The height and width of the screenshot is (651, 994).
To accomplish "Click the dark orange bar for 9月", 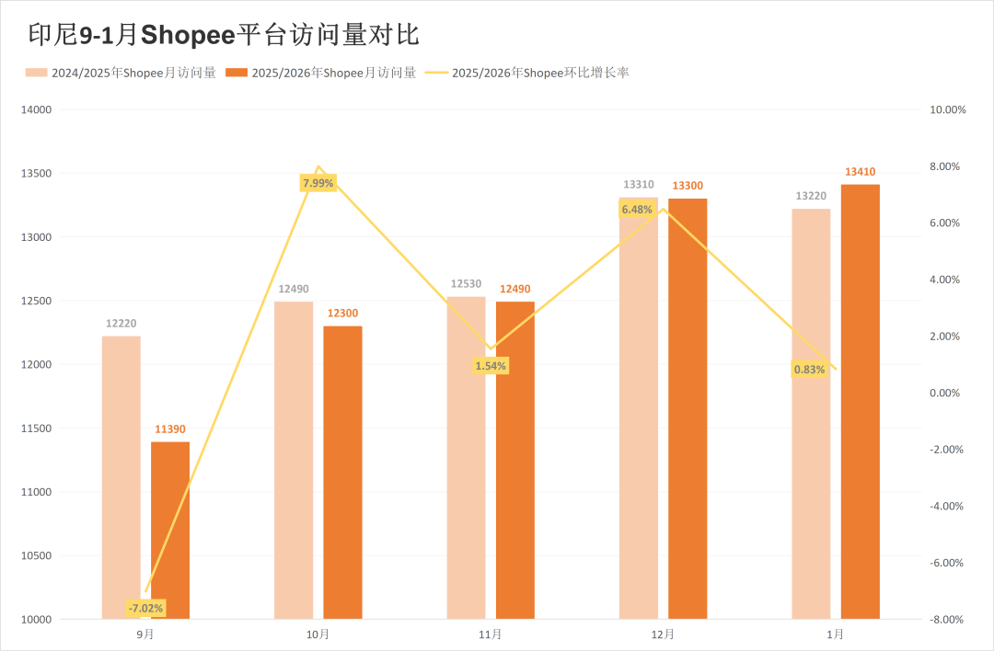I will [170, 531].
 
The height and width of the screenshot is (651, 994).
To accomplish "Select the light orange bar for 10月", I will [294, 460].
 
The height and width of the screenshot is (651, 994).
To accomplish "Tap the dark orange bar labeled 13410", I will [860, 402].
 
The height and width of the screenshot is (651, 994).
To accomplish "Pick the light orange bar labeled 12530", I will [466, 458].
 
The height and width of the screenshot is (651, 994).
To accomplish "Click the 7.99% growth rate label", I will [318, 183].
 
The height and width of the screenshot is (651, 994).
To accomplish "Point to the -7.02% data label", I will [145, 608].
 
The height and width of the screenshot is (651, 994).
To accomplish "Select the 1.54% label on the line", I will [491, 366].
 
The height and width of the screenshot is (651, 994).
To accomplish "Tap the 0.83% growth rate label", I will [809, 370].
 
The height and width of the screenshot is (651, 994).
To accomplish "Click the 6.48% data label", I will [637, 210].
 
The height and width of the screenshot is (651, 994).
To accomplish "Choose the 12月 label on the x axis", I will [663, 634].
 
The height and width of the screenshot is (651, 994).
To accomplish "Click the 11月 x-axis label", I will [491, 634].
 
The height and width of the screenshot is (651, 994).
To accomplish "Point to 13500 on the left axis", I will [38, 174].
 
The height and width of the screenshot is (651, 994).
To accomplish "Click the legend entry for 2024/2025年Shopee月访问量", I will [121, 73].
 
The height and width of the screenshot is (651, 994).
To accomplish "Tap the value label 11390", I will [170, 429].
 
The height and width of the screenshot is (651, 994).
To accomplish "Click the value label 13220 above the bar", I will [810, 196].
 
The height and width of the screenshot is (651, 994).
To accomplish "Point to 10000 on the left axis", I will [38, 620].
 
